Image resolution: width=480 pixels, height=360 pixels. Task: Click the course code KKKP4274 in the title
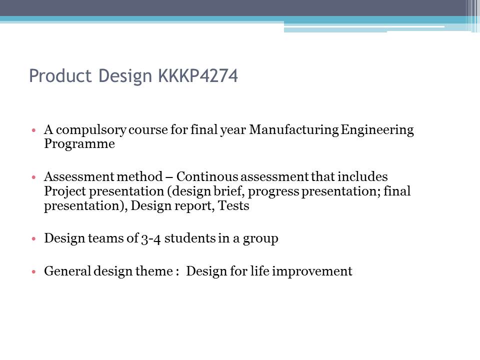click(x=198, y=75)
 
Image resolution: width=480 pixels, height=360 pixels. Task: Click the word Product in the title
click(x=60, y=75)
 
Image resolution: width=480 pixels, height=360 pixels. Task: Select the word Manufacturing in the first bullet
click(x=294, y=130)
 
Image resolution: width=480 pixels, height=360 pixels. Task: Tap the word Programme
click(x=79, y=144)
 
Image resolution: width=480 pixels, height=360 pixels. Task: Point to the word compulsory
click(x=91, y=130)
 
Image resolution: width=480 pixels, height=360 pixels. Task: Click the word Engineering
click(x=377, y=130)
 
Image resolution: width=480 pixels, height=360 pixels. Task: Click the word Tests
click(x=233, y=205)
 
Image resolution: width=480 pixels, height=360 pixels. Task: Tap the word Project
click(x=65, y=191)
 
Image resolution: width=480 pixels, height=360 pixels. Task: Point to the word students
click(x=190, y=238)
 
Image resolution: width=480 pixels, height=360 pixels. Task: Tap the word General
click(x=67, y=271)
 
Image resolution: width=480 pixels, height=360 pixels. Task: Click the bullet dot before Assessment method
click(x=33, y=177)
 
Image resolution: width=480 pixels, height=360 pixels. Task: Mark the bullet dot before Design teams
click(x=33, y=238)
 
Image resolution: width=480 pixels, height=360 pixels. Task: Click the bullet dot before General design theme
click(x=33, y=271)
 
